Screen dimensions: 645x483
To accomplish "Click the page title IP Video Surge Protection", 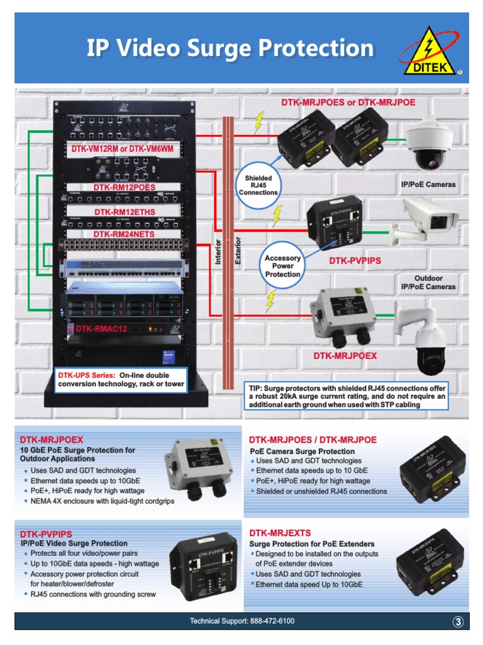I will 230,48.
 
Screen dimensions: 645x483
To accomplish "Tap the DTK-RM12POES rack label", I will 124,188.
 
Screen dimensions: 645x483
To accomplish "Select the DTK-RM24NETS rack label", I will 124,234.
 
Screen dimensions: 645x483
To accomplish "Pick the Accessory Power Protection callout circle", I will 282,266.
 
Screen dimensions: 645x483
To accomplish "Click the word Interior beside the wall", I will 218,251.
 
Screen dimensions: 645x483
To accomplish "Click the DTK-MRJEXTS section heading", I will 280,533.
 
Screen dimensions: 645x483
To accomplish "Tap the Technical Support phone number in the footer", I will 242,621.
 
